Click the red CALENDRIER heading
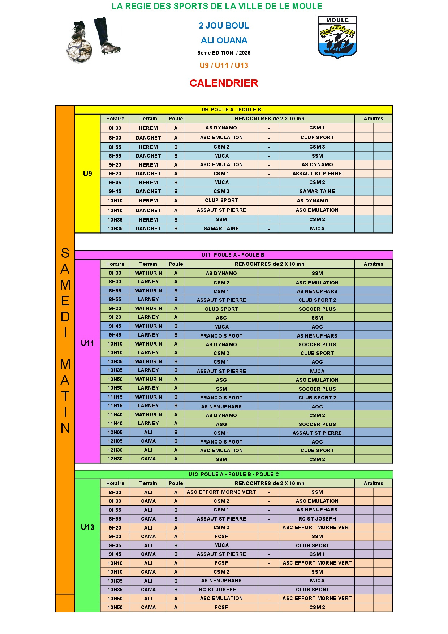224,83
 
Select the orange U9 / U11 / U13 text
224,65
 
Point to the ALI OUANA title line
224,40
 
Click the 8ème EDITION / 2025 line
224,53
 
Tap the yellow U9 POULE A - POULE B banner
233,110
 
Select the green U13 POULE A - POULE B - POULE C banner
233,474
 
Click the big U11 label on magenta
87,343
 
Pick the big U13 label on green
87,527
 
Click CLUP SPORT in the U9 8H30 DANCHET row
317,137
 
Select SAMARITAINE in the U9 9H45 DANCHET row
317,191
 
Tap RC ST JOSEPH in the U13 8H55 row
317,519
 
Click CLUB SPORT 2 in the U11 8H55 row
317,300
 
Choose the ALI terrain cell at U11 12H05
148,432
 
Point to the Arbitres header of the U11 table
373,264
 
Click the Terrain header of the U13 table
148,483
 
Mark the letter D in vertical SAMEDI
65,317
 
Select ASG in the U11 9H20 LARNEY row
221,318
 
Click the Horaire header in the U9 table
115,119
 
